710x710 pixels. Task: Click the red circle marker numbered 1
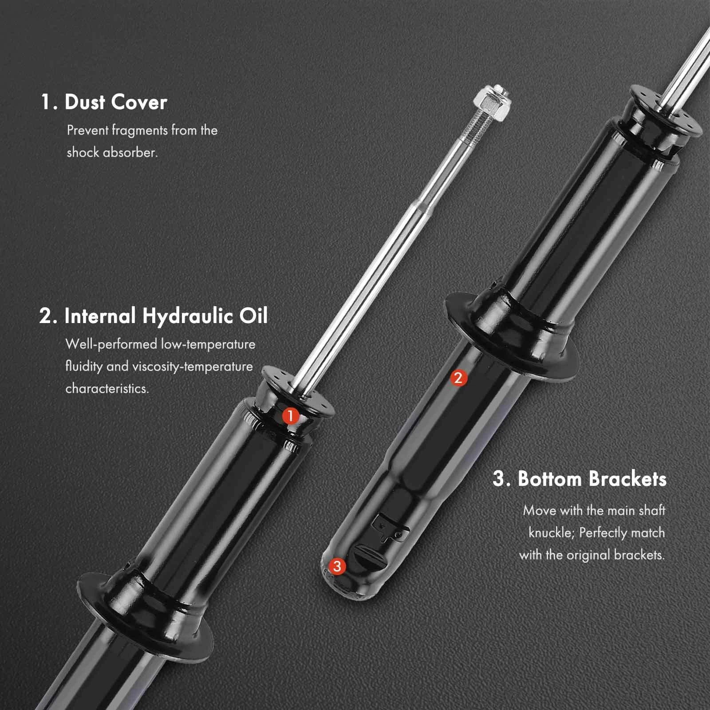291,416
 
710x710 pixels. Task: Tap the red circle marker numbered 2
458,378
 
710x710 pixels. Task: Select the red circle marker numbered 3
337,566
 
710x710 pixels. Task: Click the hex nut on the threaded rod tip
492,106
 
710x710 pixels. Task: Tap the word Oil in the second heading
254,316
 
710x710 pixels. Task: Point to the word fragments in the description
140,130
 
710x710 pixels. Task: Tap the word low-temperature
208,344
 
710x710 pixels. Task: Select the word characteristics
107,389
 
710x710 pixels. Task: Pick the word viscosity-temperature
193,367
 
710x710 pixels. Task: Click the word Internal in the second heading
100,316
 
